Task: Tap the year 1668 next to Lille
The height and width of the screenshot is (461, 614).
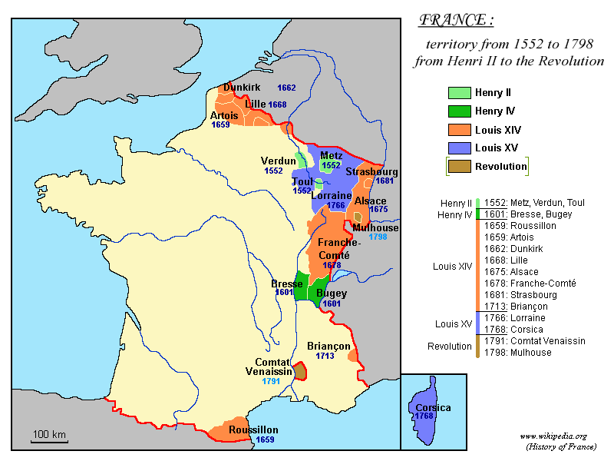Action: click(277, 104)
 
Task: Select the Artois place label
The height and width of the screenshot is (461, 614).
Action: click(223, 115)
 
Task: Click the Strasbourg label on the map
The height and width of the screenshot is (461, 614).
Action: click(371, 171)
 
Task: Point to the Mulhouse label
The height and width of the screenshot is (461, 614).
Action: click(375, 227)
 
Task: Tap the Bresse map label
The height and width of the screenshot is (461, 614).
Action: click(287, 284)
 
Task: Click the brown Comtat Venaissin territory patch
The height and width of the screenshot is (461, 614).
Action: click(302, 371)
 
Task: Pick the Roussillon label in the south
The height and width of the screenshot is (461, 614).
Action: click(253, 430)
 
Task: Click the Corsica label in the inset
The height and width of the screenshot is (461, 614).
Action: click(433, 407)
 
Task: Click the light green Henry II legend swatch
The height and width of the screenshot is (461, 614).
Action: click(459, 92)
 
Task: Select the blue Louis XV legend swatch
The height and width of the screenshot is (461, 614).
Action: click(459, 148)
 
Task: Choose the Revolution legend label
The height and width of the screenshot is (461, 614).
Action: click(500, 166)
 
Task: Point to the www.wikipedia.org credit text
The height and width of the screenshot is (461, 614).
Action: click(553, 436)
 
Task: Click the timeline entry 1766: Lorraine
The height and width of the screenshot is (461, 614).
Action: click(514, 317)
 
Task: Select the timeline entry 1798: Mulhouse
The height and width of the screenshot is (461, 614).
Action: click(517, 352)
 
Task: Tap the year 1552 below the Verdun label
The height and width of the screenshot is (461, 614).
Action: click(273, 171)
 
